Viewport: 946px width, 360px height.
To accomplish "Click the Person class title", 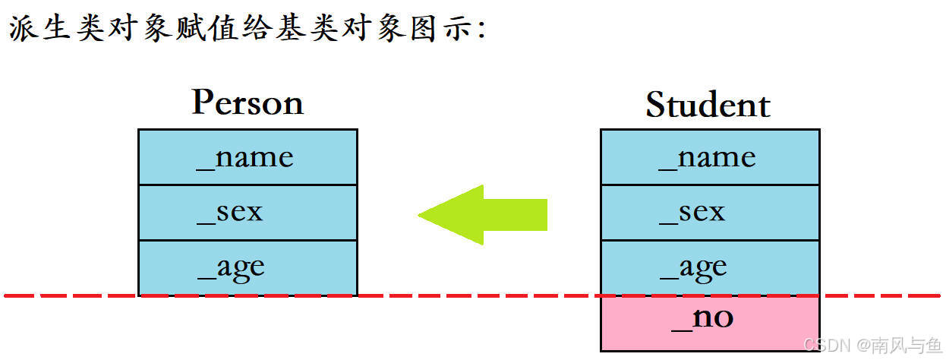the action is click(x=248, y=103).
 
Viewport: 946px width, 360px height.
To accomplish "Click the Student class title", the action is click(x=708, y=105).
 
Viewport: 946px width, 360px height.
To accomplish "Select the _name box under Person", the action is click(x=248, y=157).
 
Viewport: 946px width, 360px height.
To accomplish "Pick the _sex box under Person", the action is click(x=248, y=212).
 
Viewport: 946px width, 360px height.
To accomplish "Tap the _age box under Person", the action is click(x=248, y=267).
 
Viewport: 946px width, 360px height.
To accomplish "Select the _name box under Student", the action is click(x=710, y=157).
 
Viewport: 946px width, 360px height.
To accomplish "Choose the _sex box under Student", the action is click(x=710, y=212).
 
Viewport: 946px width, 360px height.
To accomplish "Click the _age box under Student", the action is click(x=710, y=267).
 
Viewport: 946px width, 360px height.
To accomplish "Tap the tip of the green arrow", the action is click(x=422, y=215).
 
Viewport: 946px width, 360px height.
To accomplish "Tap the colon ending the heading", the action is click(x=479, y=32).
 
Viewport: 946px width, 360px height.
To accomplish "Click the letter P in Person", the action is click(x=202, y=102).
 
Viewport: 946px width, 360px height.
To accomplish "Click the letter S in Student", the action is click(x=654, y=106).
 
